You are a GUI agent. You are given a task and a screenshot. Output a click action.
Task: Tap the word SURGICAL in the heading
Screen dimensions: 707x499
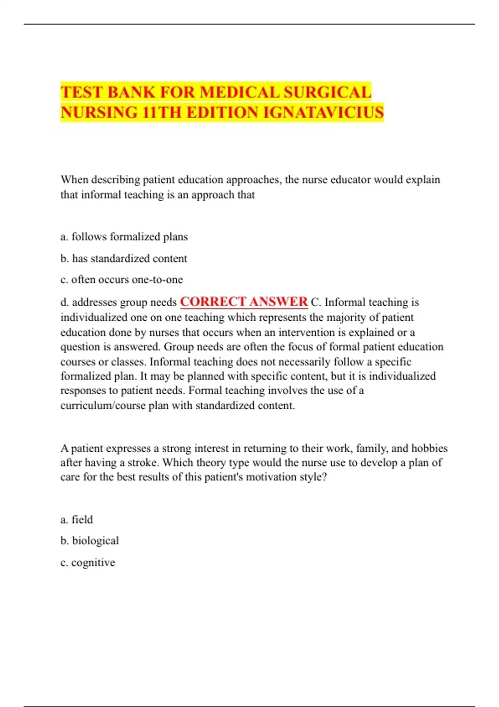pyautogui.click(x=327, y=92)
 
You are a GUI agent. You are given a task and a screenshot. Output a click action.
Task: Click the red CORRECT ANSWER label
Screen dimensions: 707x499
pyautogui.click(x=244, y=302)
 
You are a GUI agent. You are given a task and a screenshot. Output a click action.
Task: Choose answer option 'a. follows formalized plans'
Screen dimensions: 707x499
pyautogui.click(x=124, y=237)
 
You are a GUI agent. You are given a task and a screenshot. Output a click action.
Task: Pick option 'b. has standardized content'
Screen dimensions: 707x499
pyautogui.click(x=124, y=258)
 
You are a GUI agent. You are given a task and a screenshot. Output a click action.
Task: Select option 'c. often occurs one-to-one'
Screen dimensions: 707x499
pyautogui.click(x=121, y=279)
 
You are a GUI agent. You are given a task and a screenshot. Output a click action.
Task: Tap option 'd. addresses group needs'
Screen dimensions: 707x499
pyautogui.click(x=119, y=302)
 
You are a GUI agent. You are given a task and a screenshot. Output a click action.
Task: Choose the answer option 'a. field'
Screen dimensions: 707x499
pyautogui.click(x=77, y=519)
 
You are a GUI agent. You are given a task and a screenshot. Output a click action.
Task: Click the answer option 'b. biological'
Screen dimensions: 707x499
pyautogui.click(x=89, y=541)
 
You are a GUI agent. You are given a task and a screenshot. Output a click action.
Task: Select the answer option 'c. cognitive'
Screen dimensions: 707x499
pyautogui.click(x=88, y=562)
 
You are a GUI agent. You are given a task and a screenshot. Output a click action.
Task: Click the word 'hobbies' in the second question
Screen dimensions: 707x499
pyautogui.click(x=429, y=448)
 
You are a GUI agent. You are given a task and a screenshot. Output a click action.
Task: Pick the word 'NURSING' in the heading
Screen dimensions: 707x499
pyautogui.click(x=99, y=113)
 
